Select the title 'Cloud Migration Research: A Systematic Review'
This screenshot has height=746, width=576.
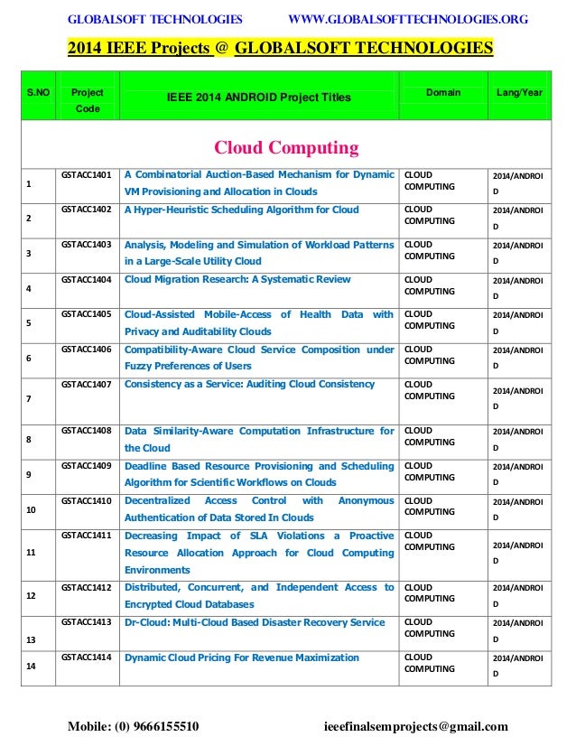tap(237, 280)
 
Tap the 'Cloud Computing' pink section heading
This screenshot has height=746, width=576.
tap(285, 147)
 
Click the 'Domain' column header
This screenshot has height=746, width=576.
tap(443, 93)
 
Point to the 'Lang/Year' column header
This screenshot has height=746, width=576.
tap(519, 93)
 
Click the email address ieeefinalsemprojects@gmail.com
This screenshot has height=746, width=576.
tap(415, 726)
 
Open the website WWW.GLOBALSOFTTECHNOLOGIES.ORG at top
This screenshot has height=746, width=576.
tap(407, 19)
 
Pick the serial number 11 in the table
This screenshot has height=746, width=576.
tap(32, 552)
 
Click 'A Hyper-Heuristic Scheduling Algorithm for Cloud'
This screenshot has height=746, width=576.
tap(241, 210)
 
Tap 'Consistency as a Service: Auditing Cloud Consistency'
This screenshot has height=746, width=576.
tap(249, 385)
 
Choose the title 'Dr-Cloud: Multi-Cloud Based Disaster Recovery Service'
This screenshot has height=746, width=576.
tap(255, 622)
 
